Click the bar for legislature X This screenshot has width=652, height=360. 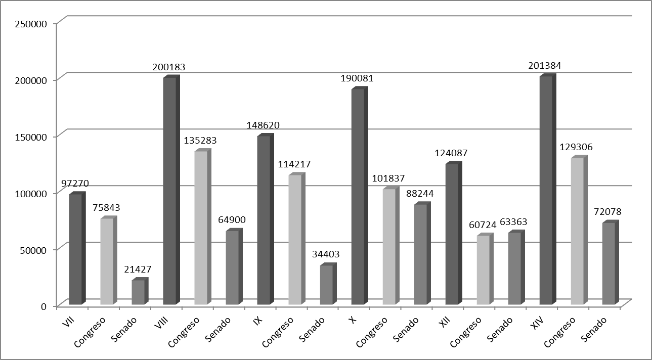pyautogui.click(x=358, y=197)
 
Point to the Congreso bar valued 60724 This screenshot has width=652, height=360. pyautogui.click(x=483, y=270)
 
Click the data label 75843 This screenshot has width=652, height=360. pyautogui.click(x=106, y=208)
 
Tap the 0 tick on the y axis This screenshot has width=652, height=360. pyautogui.click(x=44, y=306)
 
